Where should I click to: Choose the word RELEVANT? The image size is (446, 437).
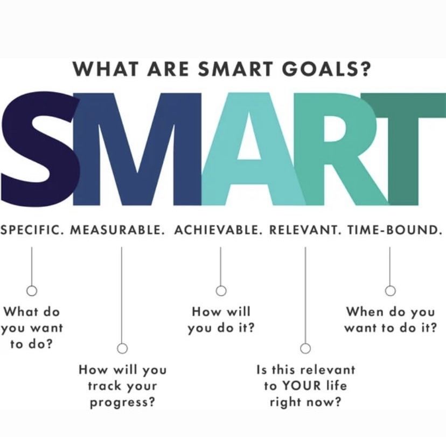click(x=304, y=230)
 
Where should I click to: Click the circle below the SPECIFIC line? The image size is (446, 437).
click(x=32, y=291)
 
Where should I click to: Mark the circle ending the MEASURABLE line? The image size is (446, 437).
click(x=122, y=348)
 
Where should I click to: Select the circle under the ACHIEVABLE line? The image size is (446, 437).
click(x=221, y=291)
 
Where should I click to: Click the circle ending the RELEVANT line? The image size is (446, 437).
click(x=305, y=348)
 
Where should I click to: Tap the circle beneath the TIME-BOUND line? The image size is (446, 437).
click(x=390, y=291)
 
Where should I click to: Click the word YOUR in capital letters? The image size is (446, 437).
click(x=302, y=386)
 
